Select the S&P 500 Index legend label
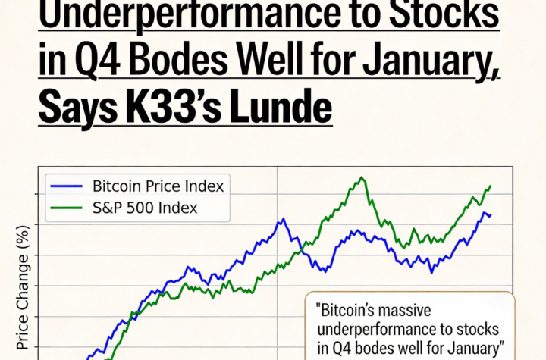[x=145, y=208]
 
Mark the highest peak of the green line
[x=362, y=178]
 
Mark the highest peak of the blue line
[x=283, y=219]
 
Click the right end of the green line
[x=491, y=186]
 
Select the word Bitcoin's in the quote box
[x=367, y=310]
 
